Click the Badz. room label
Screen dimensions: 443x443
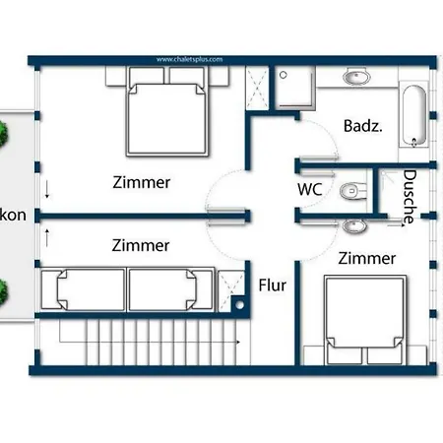click(x=361, y=126)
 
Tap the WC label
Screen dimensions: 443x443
click(x=310, y=188)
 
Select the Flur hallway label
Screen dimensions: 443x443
click(x=273, y=286)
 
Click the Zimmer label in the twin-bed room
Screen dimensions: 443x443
click(x=141, y=245)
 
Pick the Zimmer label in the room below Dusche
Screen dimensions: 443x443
click(x=366, y=259)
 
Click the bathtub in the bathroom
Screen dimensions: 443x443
click(x=414, y=115)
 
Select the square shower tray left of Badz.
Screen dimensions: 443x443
click(x=293, y=88)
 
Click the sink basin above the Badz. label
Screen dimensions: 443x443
click(x=355, y=77)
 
